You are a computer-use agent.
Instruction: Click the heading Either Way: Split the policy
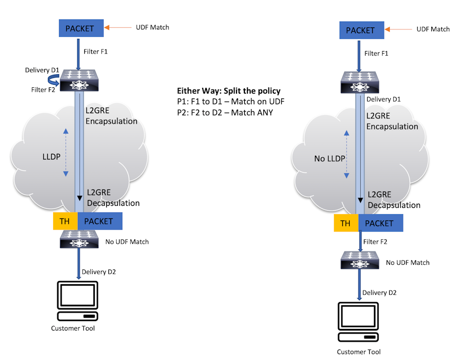click(229, 91)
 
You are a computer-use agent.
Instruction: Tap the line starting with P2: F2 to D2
click(225, 112)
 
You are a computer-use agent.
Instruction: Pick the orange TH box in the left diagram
click(65, 221)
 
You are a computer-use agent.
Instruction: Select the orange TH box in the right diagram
click(345, 223)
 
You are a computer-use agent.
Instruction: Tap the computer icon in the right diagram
click(359, 324)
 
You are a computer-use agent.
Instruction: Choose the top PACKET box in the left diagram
click(79, 28)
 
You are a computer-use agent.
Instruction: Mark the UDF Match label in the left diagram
click(153, 27)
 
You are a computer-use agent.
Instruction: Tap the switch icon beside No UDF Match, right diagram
click(359, 261)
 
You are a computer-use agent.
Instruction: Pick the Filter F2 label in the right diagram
click(377, 242)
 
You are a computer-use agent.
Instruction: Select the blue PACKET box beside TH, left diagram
click(100, 221)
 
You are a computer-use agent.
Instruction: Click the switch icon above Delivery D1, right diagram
click(359, 82)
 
